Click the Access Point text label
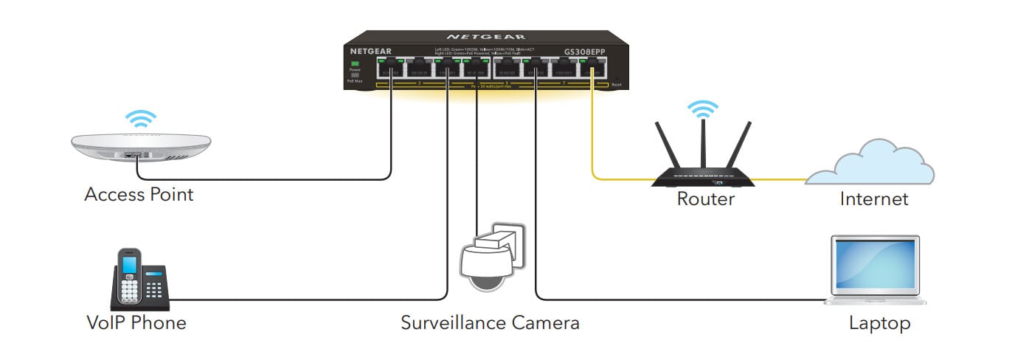coord(139,195)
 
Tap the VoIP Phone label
coord(136,322)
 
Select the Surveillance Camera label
coord(490,322)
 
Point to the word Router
coord(705,198)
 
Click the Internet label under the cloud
coord(874,198)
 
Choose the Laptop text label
coord(879,322)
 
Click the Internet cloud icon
coord(871,167)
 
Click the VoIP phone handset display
coord(131,263)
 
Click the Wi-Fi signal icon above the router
coord(703,109)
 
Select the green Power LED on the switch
coord(355,64)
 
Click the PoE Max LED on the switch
coord(355,75)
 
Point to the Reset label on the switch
coord(617,85)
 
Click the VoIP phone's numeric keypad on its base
coord(154,291)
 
